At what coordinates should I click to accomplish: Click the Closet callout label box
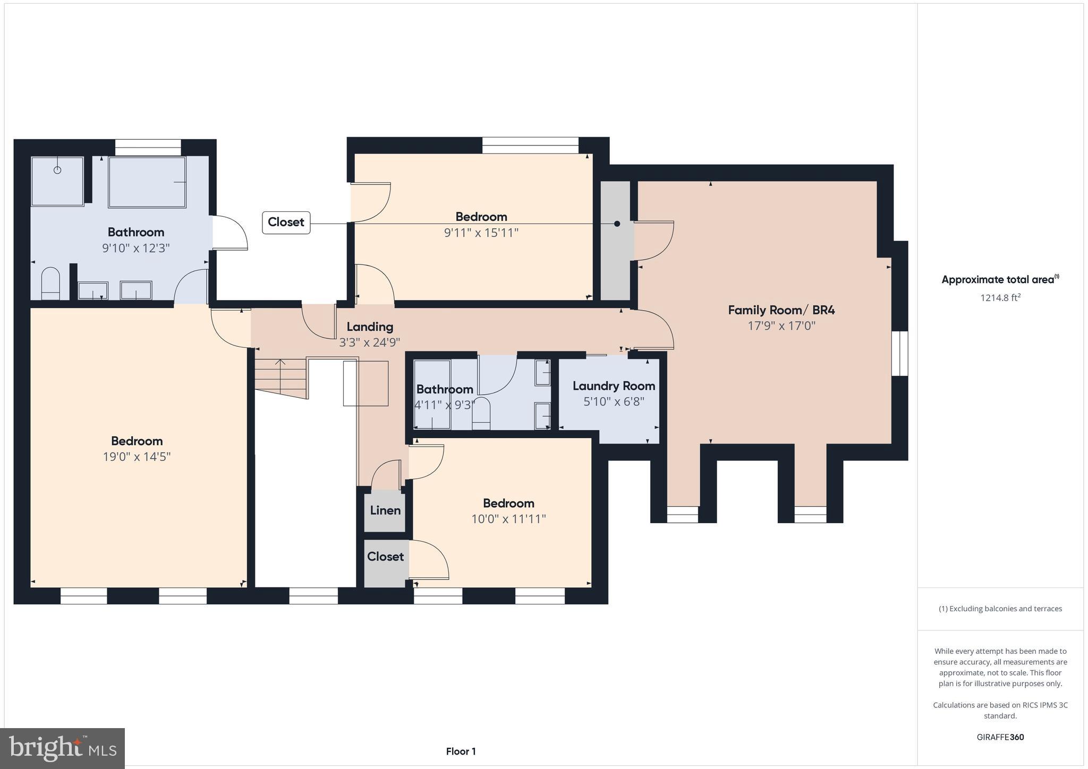[286, 223]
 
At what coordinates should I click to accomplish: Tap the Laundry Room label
[614, 386]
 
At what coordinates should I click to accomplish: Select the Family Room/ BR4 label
[781, 310]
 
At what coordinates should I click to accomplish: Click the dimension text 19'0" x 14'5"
[137, 457]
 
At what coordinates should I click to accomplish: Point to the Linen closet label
[385, 510]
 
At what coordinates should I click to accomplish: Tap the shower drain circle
[57, 170]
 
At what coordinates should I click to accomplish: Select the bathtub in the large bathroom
[147, 182]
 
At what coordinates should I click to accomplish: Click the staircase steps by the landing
[280, 376]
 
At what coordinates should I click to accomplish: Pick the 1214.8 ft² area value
[1000, 298]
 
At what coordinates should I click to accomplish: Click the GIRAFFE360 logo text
[1000, 737]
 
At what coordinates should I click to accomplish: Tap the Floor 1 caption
[461, 751]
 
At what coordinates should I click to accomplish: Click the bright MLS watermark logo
[63, 749]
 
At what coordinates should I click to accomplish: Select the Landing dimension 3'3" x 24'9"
[369, 343]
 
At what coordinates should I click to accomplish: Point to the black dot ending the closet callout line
[617, 224]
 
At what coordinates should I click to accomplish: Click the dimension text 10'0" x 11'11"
[508, 519]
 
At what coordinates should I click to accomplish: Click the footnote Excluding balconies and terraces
[1000, 609]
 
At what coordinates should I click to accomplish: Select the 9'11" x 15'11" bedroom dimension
[481, 233]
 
